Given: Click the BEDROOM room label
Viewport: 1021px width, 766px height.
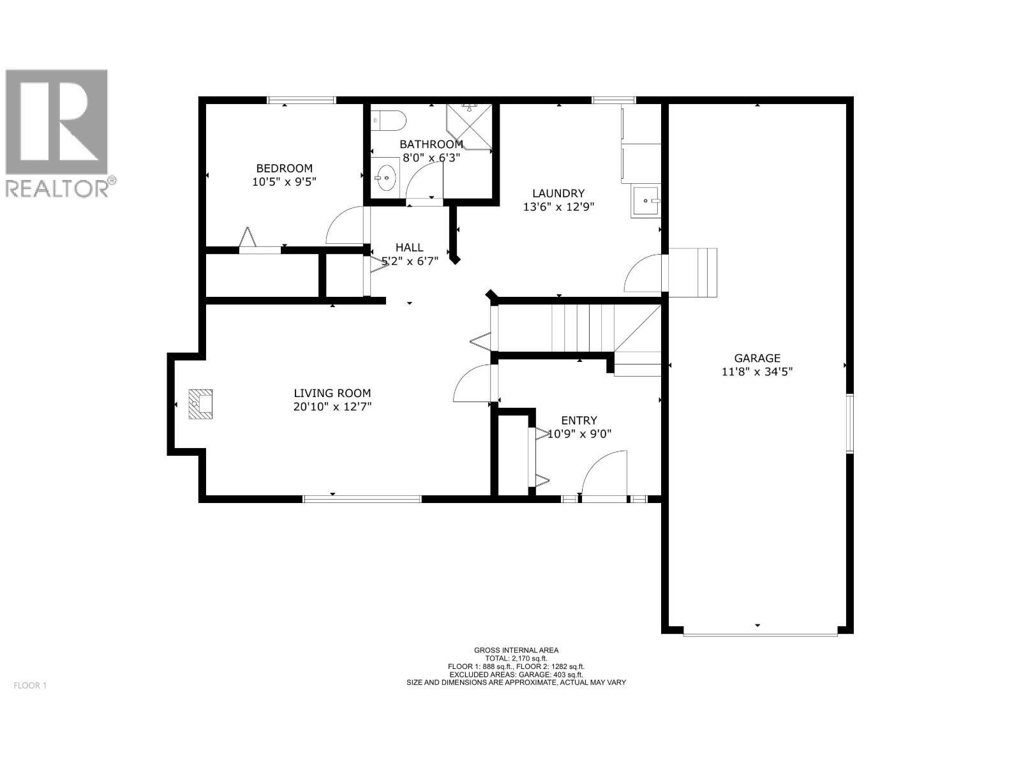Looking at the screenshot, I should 284,169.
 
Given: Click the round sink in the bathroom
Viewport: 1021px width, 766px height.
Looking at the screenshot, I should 385,177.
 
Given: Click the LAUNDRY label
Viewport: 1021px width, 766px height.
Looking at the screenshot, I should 558,193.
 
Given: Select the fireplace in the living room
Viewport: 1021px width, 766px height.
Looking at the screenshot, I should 200,404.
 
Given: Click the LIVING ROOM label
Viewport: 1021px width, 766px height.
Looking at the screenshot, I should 332,394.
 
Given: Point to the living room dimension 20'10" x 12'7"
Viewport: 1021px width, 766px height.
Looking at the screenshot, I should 332,407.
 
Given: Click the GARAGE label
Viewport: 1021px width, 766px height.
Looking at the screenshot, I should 757,359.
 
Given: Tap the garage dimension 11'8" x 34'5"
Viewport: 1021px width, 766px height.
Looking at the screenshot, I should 757,372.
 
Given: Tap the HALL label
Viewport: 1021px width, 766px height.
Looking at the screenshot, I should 409,248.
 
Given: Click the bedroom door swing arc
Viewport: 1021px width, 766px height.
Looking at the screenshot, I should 343,227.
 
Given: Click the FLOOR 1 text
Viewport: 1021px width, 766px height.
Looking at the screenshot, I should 30,686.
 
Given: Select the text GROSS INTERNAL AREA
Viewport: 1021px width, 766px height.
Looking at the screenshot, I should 516,650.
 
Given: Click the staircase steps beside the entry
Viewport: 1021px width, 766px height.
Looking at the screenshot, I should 578,328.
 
